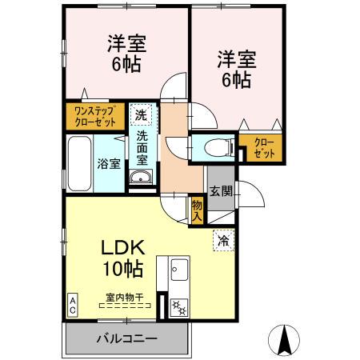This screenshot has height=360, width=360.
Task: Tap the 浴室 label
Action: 109,164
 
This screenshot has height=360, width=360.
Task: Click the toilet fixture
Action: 214,148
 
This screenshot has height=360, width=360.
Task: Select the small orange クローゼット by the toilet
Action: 264,149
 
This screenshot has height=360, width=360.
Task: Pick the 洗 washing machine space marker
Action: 140,116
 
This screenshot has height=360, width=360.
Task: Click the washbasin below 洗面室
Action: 140,178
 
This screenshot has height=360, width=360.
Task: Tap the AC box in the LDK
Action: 72,304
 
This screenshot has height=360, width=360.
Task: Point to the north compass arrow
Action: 284,339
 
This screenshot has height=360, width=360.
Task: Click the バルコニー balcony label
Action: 126,338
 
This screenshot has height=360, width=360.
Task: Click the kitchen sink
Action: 178,270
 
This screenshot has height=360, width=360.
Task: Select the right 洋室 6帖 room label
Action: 234,69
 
